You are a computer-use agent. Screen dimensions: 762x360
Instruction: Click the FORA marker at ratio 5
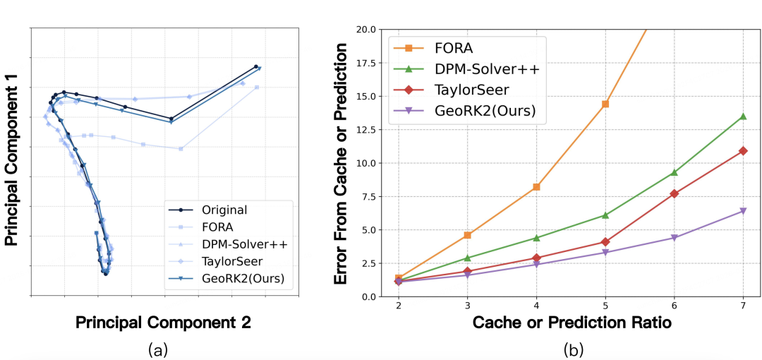[x=605, y=104]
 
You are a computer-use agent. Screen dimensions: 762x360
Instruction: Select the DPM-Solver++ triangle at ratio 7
[x=743, y=116]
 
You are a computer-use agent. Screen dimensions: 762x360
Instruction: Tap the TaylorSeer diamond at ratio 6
[x=674, y=193]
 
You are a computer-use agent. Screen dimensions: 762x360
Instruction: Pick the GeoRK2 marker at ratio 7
[x=743, y=211]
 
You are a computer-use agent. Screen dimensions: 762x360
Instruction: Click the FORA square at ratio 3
[x=468, y=235]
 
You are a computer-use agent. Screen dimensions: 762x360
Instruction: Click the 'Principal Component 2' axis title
[x=163, y=323]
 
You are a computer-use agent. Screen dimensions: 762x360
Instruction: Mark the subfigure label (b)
[x=573, y=349]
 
